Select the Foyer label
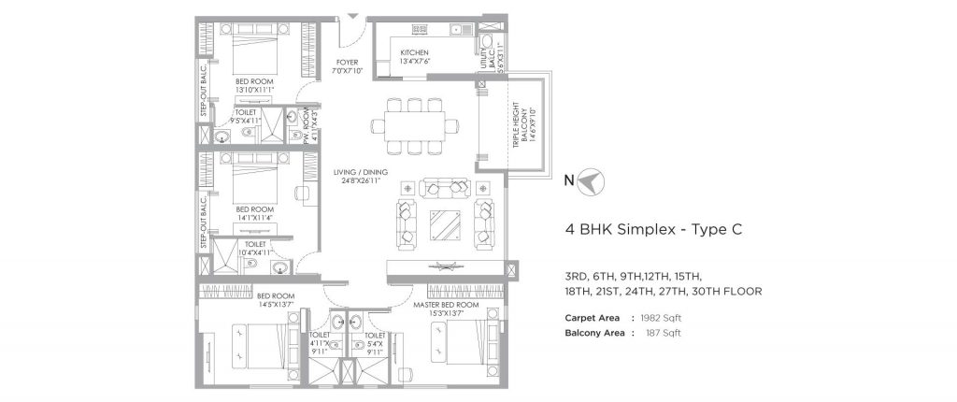tap(347, 67)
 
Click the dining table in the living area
tap(412, 125)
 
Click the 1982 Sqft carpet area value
tap(662, 318)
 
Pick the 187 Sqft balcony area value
tap(662, 333)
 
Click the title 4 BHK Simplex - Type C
tap(653, 228)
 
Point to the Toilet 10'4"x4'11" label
tap(253, 248)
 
